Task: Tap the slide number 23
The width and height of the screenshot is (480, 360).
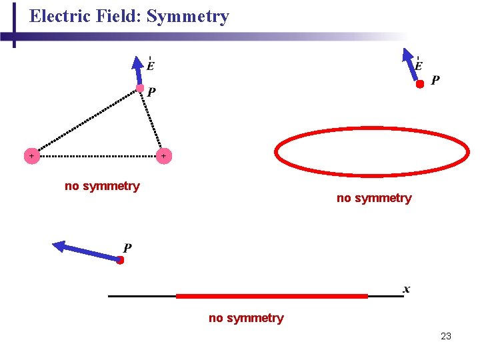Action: [x=446, y=336]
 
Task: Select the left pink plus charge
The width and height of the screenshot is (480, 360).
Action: [x=31, y=156]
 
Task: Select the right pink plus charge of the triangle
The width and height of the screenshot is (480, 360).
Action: [x=164, y=156]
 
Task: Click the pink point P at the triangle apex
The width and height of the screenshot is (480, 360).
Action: [x=140, y=88]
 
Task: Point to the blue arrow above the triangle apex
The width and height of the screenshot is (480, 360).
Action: [x=138, y=71]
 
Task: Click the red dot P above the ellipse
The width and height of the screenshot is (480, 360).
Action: [x=420, y=85]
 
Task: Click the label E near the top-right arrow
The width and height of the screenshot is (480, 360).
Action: [x=418, y=65]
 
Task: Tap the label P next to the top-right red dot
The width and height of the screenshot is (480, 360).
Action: [x=435, y=81]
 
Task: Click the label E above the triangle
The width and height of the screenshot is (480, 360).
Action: [x=151, y=65]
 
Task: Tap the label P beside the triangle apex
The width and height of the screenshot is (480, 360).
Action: [x=152, y=92]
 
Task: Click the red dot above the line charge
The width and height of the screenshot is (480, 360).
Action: [x=120, y=261]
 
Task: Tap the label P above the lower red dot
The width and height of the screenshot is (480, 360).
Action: [x=127, y=248]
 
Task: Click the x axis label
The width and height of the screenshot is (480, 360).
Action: [x=407, y=289]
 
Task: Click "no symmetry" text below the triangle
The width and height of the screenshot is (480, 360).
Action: [x=102, y=186]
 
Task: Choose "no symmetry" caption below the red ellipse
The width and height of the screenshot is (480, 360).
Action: [x=374, y=198]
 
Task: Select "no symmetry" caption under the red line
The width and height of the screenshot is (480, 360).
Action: [x=246, y=318]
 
